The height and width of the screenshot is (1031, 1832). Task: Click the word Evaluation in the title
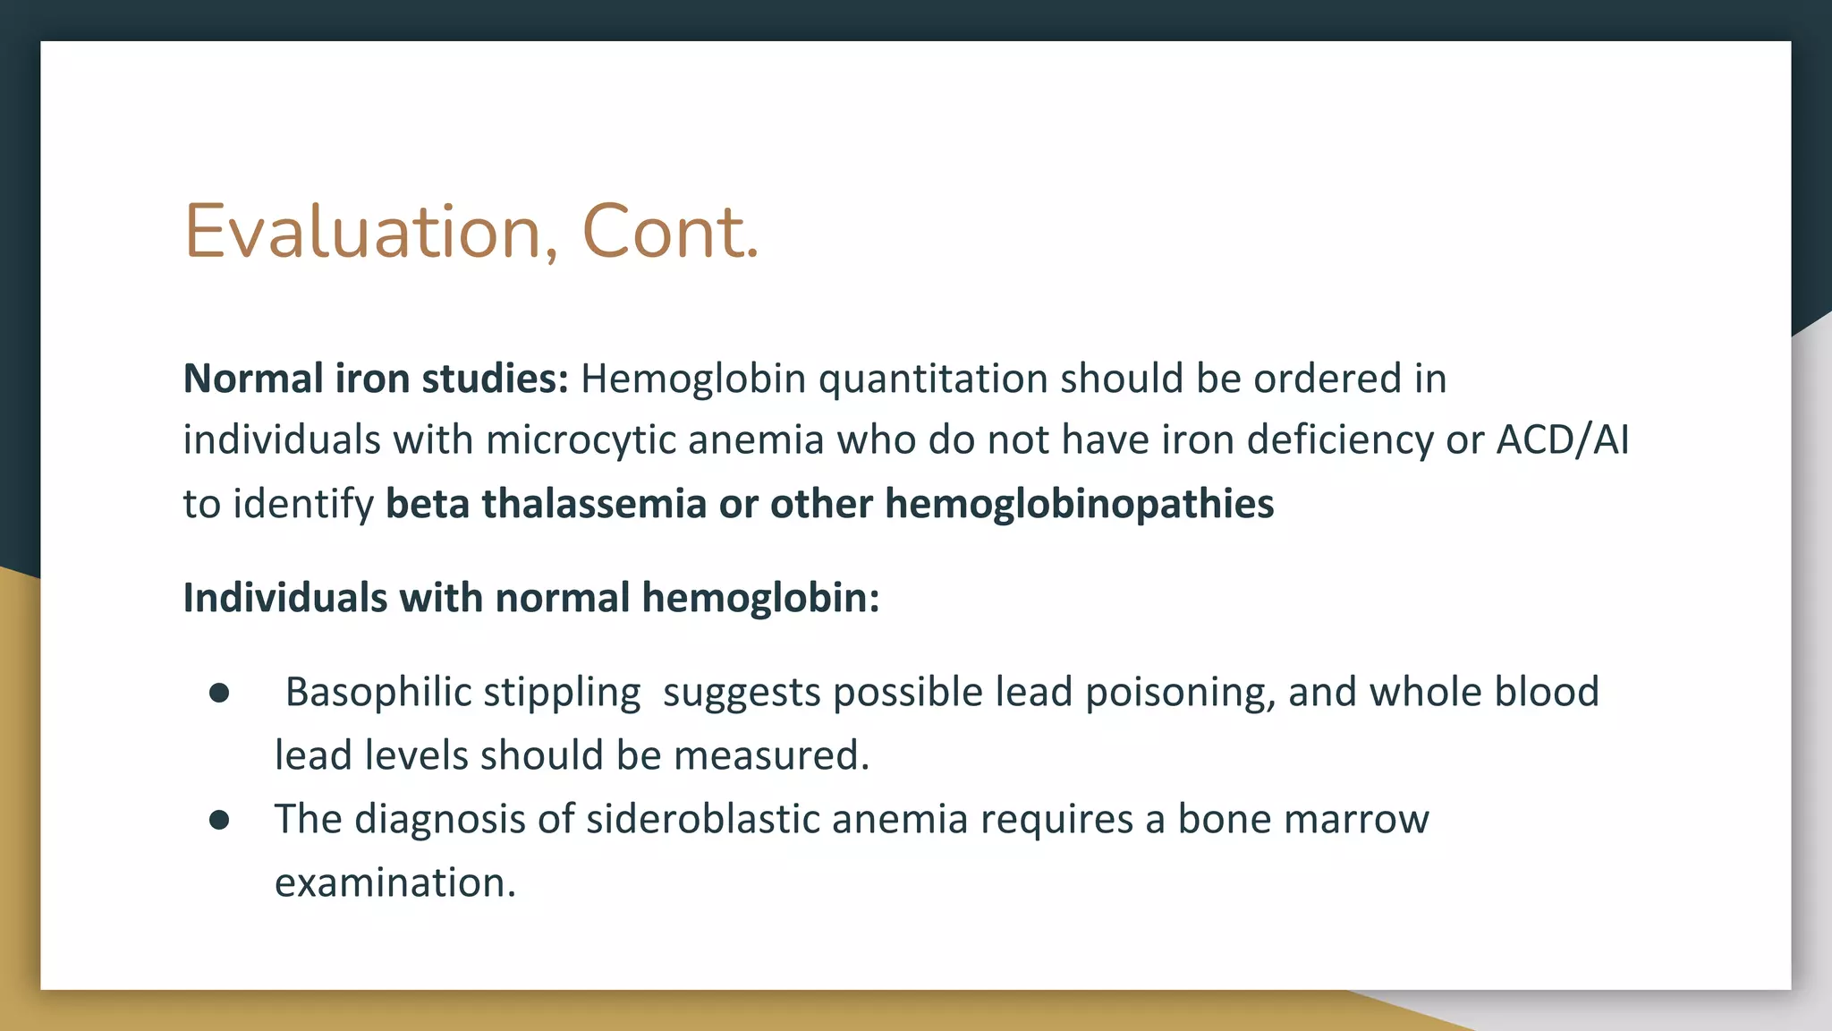coord(362,233)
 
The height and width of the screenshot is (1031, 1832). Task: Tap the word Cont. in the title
coord(670,233)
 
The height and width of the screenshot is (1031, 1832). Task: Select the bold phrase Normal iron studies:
coord(376,379)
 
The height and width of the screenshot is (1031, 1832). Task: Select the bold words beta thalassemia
coord(546,504)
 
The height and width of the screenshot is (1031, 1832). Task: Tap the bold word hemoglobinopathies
coord(1079,504)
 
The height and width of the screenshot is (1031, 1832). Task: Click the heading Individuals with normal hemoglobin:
coord(531,598)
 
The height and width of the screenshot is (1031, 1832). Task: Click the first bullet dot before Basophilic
coord(219,694)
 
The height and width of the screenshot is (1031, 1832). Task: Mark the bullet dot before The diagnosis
coord(219,820)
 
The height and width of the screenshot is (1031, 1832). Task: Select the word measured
coord(771,756)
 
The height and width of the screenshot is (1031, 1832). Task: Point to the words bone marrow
coord(1302,820)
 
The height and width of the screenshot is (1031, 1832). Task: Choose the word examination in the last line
coord(394,883)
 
